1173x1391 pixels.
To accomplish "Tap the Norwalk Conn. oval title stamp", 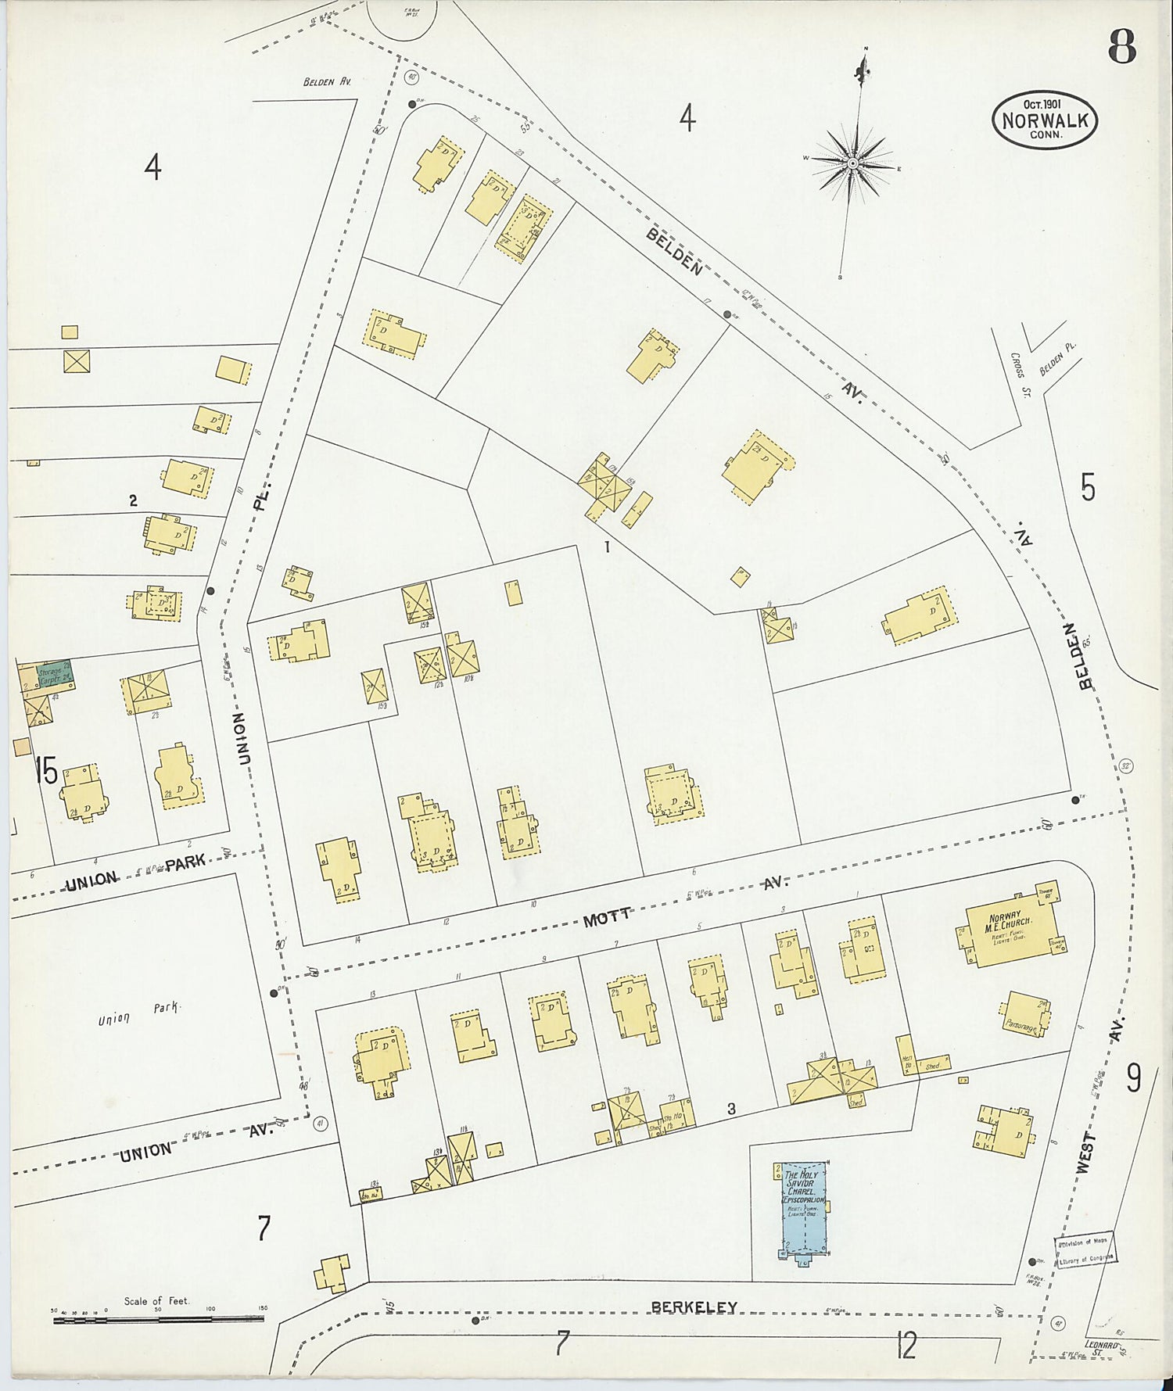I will [1045, 120].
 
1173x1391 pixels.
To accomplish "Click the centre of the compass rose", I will [852, 163].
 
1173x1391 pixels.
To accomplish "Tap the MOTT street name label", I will [607, 918].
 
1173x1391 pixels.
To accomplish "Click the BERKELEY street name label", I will [694, 1307].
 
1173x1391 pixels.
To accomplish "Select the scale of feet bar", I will [158, 1319].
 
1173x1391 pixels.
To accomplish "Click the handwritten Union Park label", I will [139, 1013].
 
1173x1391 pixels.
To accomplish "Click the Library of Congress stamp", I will [1085, 1249].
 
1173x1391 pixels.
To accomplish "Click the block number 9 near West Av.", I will [1133, 1079].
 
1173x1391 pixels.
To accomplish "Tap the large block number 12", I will [906, 1346].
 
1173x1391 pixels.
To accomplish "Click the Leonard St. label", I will [1103, 1346].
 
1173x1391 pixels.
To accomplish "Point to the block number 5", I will [1088, 488].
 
